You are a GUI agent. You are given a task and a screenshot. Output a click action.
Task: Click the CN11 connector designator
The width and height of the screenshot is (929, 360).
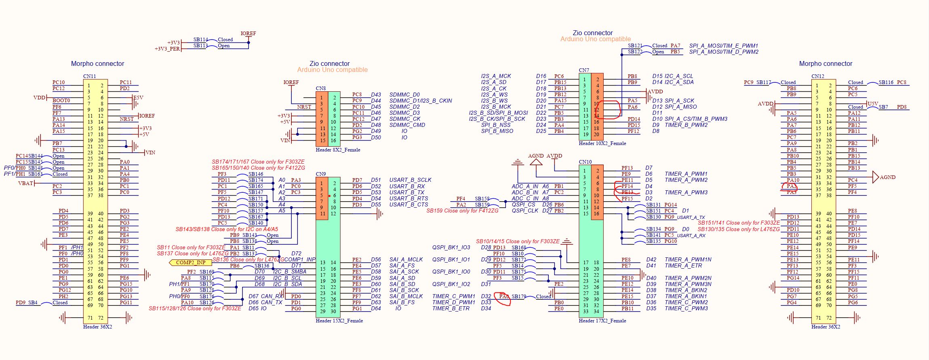(89, 76)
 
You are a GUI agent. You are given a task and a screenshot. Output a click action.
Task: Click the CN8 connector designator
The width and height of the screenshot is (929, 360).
(320, 88)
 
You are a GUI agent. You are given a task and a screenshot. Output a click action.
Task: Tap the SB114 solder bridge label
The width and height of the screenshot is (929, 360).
(200, 40)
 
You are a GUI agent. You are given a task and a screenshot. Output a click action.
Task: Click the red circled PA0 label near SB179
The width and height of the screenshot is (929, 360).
(503, 297)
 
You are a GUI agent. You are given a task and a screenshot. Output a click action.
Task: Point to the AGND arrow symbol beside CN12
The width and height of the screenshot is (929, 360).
(876, 177)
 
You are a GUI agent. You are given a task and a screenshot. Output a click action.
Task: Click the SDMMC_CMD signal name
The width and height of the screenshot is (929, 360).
(407, 125)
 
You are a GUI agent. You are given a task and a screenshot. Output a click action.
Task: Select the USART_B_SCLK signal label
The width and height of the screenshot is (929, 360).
(410, 180)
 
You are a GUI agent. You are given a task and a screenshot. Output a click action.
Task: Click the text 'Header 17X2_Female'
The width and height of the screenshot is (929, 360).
(602, 321)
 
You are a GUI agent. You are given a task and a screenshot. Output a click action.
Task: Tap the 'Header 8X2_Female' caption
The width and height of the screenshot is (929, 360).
(338, 150)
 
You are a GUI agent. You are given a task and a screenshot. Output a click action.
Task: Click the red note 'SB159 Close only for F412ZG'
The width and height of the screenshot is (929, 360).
(462, 211)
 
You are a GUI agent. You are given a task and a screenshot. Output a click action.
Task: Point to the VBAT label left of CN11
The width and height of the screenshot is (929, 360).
(25, 183)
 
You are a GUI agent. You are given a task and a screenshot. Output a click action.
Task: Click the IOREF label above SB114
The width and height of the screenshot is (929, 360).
(248, 34)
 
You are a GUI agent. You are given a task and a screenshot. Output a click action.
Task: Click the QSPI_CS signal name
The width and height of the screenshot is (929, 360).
(523, 205)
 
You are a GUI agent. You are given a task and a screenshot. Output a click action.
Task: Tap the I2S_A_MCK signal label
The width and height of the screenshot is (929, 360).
(496, 76)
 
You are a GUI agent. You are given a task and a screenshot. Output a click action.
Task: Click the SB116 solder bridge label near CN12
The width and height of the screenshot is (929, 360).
(886, 82)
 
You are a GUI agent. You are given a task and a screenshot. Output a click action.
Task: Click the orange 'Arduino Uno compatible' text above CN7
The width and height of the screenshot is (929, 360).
(595, 39)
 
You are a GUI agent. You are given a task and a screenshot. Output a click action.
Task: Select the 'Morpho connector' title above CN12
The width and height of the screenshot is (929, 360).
(825, 64)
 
